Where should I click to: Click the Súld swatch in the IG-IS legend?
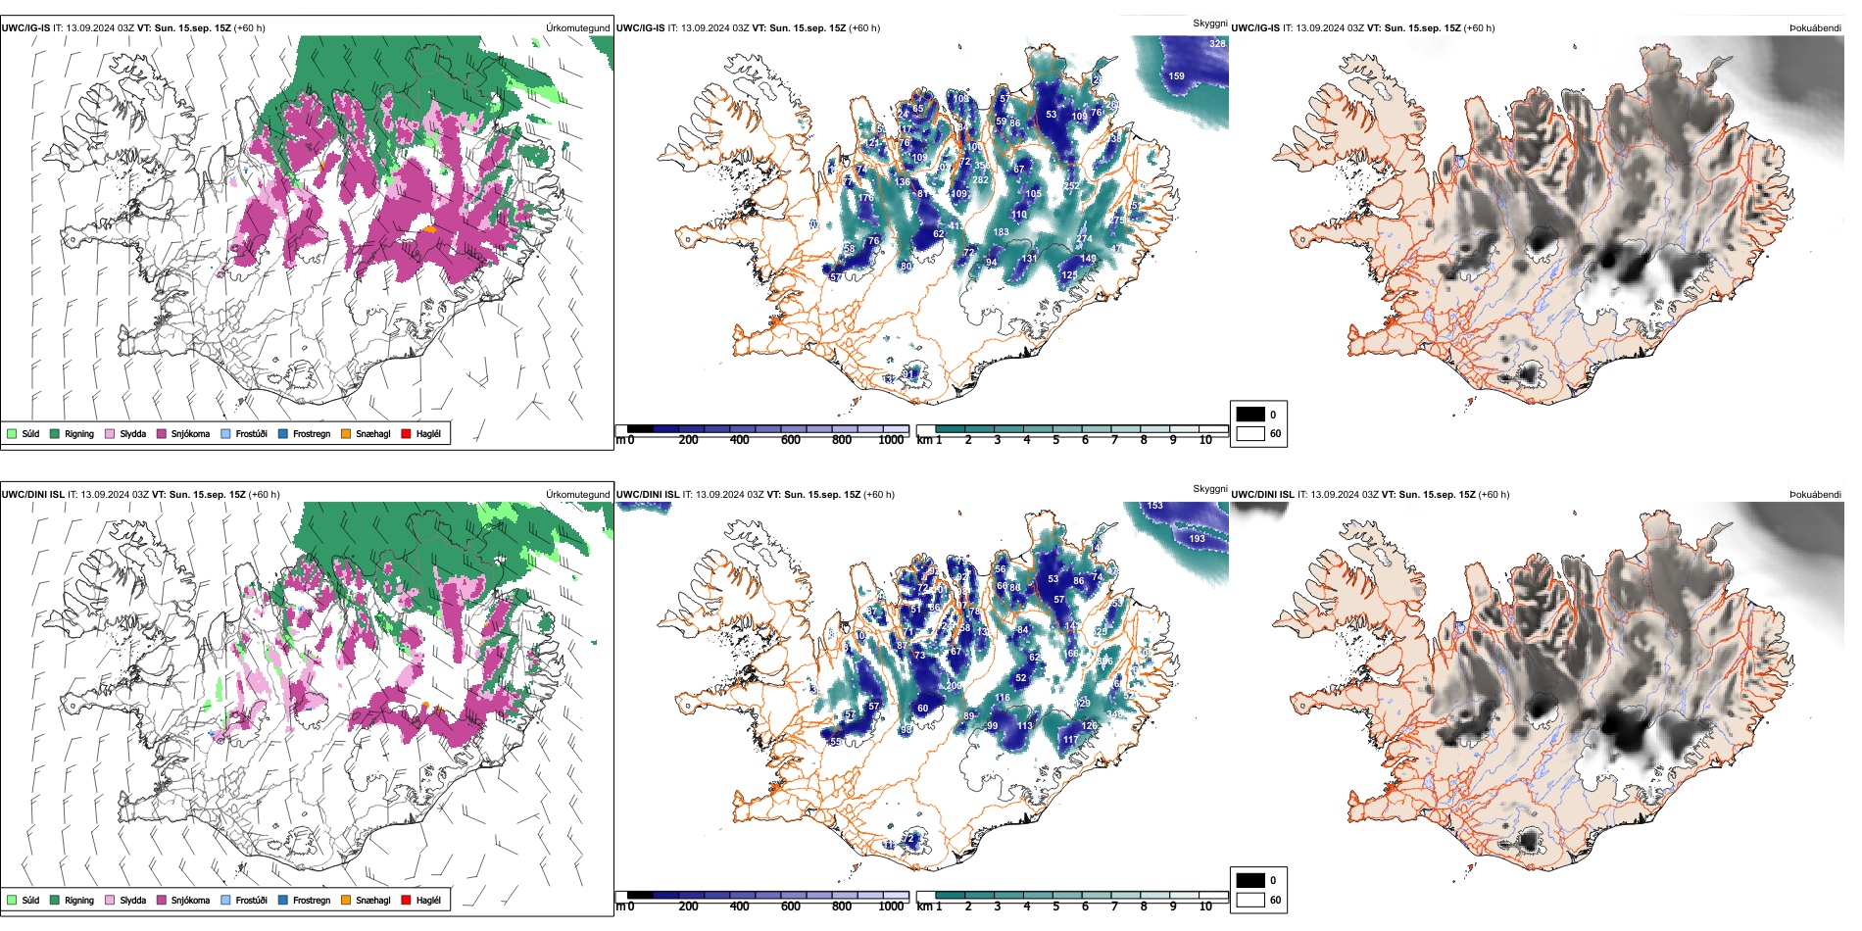tap(12, 433)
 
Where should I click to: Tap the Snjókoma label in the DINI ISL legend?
tap(190, 900)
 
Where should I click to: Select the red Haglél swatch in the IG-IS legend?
tap(407, 433)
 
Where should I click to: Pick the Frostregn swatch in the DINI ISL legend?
tap(283, 900)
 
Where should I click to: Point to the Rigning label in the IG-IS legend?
tap(79, 433)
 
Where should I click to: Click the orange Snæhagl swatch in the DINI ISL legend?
tap(346, 900)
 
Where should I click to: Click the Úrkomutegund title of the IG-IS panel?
tap(577, 27)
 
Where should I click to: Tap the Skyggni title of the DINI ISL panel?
tap(1209, 488)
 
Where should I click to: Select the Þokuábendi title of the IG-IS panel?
tap(1815, 27)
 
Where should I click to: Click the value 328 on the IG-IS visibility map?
tap(1217, 43)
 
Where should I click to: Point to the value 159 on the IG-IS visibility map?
tap(1176, 75)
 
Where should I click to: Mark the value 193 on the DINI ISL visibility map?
tap(1197, 538)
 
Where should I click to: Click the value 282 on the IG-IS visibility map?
tap(980, 179)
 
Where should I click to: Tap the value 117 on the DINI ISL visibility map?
tap(1071, 740)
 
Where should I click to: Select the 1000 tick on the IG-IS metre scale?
tap(891, 440)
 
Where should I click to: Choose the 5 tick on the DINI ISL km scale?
tap(1055, 906)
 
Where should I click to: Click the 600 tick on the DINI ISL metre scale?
tap(791, 906)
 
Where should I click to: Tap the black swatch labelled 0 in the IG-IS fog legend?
tap(1250, 415)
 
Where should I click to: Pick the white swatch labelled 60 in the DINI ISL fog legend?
tap(1250, 900)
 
